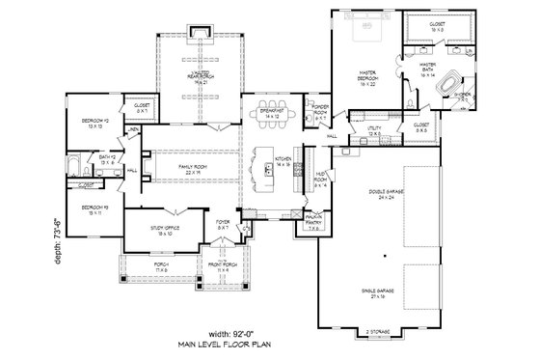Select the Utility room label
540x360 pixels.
coord(376,129)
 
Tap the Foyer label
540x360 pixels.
coord(222,228)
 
